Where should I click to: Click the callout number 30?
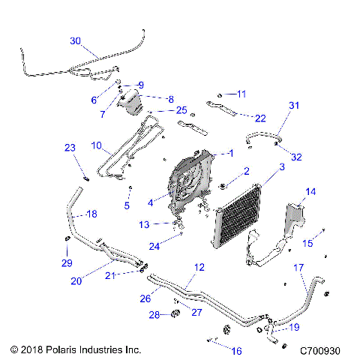point(76,40)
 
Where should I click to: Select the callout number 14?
point(310,192)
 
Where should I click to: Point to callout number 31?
point(293,106)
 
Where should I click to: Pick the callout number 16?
point(236,351)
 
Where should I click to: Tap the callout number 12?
point(199,267)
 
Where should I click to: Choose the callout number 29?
point(67,263)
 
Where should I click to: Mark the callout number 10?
point(96,144)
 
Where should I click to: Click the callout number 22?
point(259,118)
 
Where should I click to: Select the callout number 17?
point(298,267)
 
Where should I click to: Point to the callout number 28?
point(154,314)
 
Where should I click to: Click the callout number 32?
point(296,157)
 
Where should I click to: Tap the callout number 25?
point(181,110)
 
